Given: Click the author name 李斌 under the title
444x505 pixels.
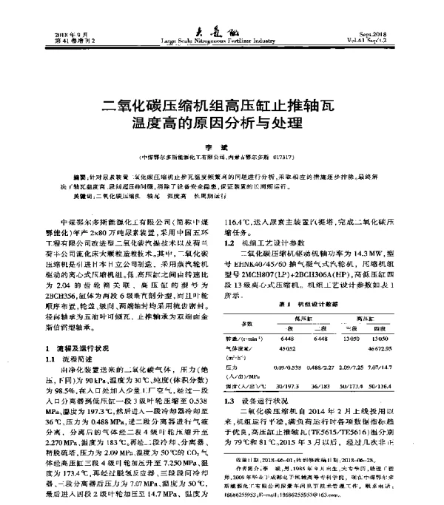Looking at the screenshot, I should click(x=220, y=145).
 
